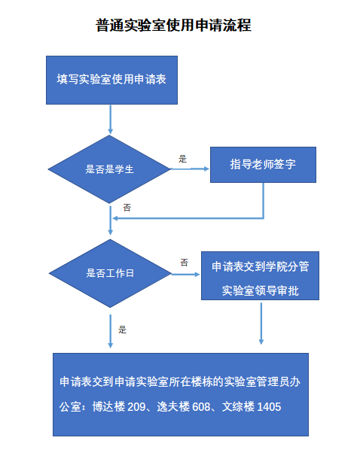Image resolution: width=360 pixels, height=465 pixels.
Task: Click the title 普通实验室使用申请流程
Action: (x=174, y=25)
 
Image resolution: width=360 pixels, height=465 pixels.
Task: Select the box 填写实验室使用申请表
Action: (x=111, y=80)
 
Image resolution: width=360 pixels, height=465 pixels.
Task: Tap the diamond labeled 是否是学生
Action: (x=109, y=169)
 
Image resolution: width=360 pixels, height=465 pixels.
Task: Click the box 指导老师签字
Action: (x=263, y=165)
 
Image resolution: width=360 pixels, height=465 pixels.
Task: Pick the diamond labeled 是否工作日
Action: (x=110, y=273)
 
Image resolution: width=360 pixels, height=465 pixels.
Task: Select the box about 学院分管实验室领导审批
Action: (x=260, y=276)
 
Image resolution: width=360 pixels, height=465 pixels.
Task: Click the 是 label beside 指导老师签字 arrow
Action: (x=182, y=159)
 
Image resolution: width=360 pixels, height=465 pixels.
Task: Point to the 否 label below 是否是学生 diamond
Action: (x=127, y=208)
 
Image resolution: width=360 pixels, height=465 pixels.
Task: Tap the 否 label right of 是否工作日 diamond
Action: (x=184, y=263)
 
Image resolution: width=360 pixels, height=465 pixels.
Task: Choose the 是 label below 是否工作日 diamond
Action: (x=122, y=330)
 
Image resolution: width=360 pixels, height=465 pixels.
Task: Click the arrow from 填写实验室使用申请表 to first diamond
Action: (x=111, y=120)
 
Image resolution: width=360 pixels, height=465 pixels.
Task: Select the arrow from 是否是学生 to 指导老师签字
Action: (x=190, y=169)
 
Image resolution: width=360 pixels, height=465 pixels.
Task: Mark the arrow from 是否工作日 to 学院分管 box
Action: (x=186, y=275)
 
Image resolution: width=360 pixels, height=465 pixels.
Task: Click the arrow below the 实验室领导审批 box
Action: (x=261, y=324)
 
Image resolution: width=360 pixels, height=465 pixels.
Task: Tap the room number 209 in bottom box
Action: (x=136, y=406)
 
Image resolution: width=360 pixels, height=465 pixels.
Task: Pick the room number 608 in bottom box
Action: (x=201, y=406)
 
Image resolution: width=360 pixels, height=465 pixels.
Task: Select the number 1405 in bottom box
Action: (x=269, y=406)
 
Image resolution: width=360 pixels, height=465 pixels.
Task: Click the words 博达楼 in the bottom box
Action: (x=108, y=406)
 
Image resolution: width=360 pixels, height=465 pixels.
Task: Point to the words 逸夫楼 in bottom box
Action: (x=173, y=406)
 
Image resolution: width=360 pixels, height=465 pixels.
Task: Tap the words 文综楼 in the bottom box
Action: (x=238, y=406)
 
